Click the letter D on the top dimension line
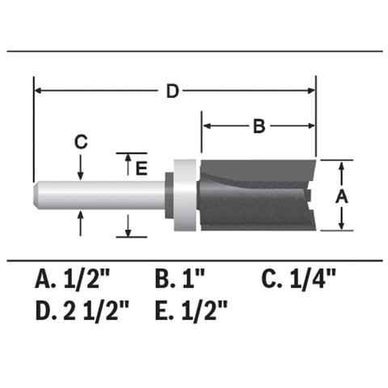click(172, 91)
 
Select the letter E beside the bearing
click(141, 168)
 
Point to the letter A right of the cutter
click(342, 196)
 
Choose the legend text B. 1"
click(181, 280)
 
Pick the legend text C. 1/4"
click(298, 280)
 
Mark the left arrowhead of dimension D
click(39, 91)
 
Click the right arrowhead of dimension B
click(310, 125)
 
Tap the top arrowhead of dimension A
click(342, 167)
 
